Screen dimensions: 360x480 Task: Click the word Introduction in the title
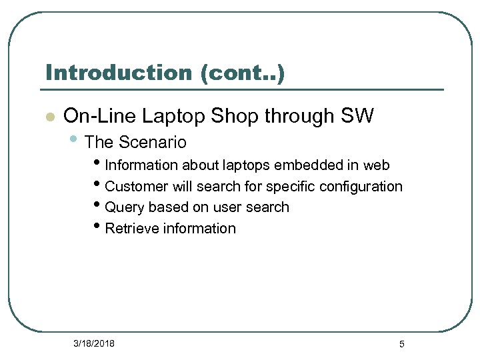point(119,73)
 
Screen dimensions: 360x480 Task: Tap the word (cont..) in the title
point(242,73)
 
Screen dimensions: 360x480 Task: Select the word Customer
point(135,186)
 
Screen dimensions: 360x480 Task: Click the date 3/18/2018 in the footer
point(94,343)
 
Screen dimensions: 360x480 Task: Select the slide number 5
point(401,344)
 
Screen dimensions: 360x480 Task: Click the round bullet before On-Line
point(49,117)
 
